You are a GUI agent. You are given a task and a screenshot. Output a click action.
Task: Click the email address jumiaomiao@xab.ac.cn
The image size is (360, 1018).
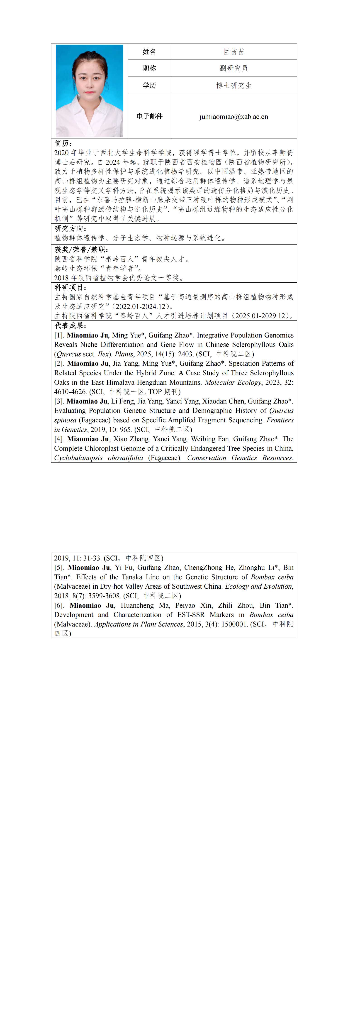pyautogui.click(x=234, y=117)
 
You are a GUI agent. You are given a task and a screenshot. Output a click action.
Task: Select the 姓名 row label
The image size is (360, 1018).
pyautogui.click(x=149, y=52)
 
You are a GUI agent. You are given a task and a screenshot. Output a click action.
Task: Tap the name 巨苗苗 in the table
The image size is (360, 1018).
pyautogui.click(x=234, y=52)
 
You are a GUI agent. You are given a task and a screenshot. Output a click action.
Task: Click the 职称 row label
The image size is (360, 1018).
pyautogui.click(x=149, y=68)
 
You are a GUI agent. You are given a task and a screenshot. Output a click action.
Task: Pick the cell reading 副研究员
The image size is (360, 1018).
pyautogui.click(x=234, y=68)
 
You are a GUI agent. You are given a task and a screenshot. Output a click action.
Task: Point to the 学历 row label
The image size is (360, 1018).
pyautogui.click(x=149, y=85)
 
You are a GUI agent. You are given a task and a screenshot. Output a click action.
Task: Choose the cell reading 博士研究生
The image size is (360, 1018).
pyautogui.click(x=234, y=85)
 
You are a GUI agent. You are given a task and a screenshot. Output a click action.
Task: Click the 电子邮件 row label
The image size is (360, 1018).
pyautogui.click(x=149, y=116)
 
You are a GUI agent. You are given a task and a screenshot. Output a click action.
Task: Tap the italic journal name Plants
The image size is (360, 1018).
pyautogui.click(x=124, y=354)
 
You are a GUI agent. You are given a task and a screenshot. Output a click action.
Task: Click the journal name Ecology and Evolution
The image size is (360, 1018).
pyautogui.click(x=258, y=586)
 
